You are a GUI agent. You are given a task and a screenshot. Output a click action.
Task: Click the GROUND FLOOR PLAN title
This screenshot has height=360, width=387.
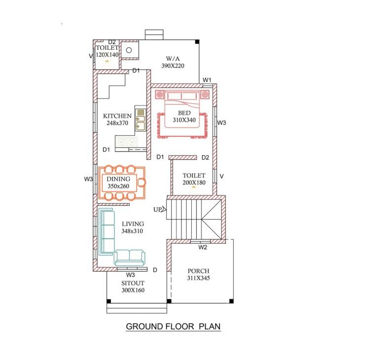(x=173, y=326)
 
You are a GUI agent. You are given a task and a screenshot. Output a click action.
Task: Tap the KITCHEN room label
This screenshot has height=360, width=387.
(x=117, y=116)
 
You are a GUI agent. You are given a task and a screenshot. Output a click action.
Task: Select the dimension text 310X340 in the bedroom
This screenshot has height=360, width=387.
(x=184, y=120)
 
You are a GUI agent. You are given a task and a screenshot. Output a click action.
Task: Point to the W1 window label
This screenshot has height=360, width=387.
(x=207, y=80)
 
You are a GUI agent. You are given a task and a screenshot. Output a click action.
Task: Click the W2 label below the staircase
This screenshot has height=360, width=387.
(x=203, y=247)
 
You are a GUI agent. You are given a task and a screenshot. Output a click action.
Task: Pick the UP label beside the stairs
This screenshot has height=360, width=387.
(x=157, y=210)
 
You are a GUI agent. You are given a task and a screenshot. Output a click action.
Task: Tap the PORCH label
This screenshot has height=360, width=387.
(x=199, y=271)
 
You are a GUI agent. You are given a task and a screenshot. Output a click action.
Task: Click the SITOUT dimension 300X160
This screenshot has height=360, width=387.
(x=133, y=290)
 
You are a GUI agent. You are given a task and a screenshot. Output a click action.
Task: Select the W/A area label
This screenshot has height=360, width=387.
(x=173, y=59)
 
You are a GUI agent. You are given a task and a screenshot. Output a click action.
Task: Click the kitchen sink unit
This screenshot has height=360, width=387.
(x=140, y=119)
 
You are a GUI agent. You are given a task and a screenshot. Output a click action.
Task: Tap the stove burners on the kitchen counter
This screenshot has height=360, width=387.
(x=127, y=142)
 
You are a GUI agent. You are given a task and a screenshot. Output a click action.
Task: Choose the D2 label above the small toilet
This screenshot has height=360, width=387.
(x=112, y=42)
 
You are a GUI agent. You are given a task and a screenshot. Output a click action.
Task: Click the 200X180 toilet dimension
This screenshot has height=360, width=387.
(x=194, y=183)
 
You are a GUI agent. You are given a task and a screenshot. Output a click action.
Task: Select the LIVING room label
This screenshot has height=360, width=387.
(x=133, y=224)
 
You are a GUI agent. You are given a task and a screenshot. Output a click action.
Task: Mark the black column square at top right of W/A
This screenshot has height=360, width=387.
(x=197, y=42)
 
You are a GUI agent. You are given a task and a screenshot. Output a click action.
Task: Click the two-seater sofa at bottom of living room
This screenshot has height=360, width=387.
(x=130, y=258)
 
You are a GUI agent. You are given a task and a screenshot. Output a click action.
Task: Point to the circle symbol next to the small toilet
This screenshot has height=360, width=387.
(x=129, y=50)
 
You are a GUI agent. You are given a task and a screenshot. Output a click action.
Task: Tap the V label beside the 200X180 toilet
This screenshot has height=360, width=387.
(x=222, y=176)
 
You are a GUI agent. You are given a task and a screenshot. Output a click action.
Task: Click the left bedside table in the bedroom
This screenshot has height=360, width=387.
(x=160, y=95)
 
